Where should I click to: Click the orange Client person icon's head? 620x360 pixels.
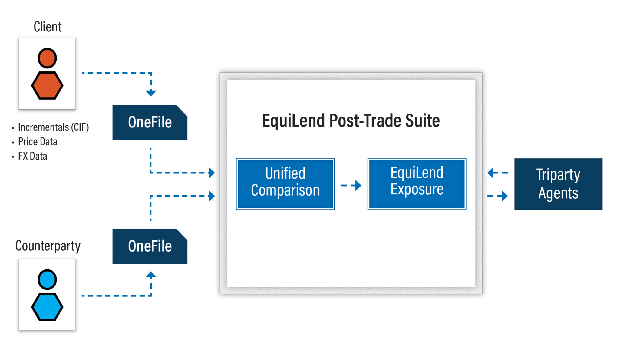[x=47, y=58]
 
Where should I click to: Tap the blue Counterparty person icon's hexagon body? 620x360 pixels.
[x=47, y=307]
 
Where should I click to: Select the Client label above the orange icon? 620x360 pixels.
[x=48, y=27]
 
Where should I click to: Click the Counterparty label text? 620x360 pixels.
[x=48, y=246]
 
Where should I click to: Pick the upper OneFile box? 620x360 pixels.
[x=150, y=123]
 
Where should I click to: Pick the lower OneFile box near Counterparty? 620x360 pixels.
[x=150, y=246]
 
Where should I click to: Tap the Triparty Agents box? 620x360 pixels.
[x=558, y=184]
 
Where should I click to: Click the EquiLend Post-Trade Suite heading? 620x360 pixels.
[x=351, y=121]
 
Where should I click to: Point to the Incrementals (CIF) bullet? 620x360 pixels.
[x=53, y=127]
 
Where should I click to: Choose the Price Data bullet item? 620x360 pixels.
[x=38, y=142]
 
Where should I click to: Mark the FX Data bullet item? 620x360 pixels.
[x=32, y=156]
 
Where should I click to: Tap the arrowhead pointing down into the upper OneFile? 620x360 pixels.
[x=151, y=93]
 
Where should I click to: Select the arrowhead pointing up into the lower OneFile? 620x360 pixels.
[x=151, y=275]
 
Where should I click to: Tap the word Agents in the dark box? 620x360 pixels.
[x=558, y=193]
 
